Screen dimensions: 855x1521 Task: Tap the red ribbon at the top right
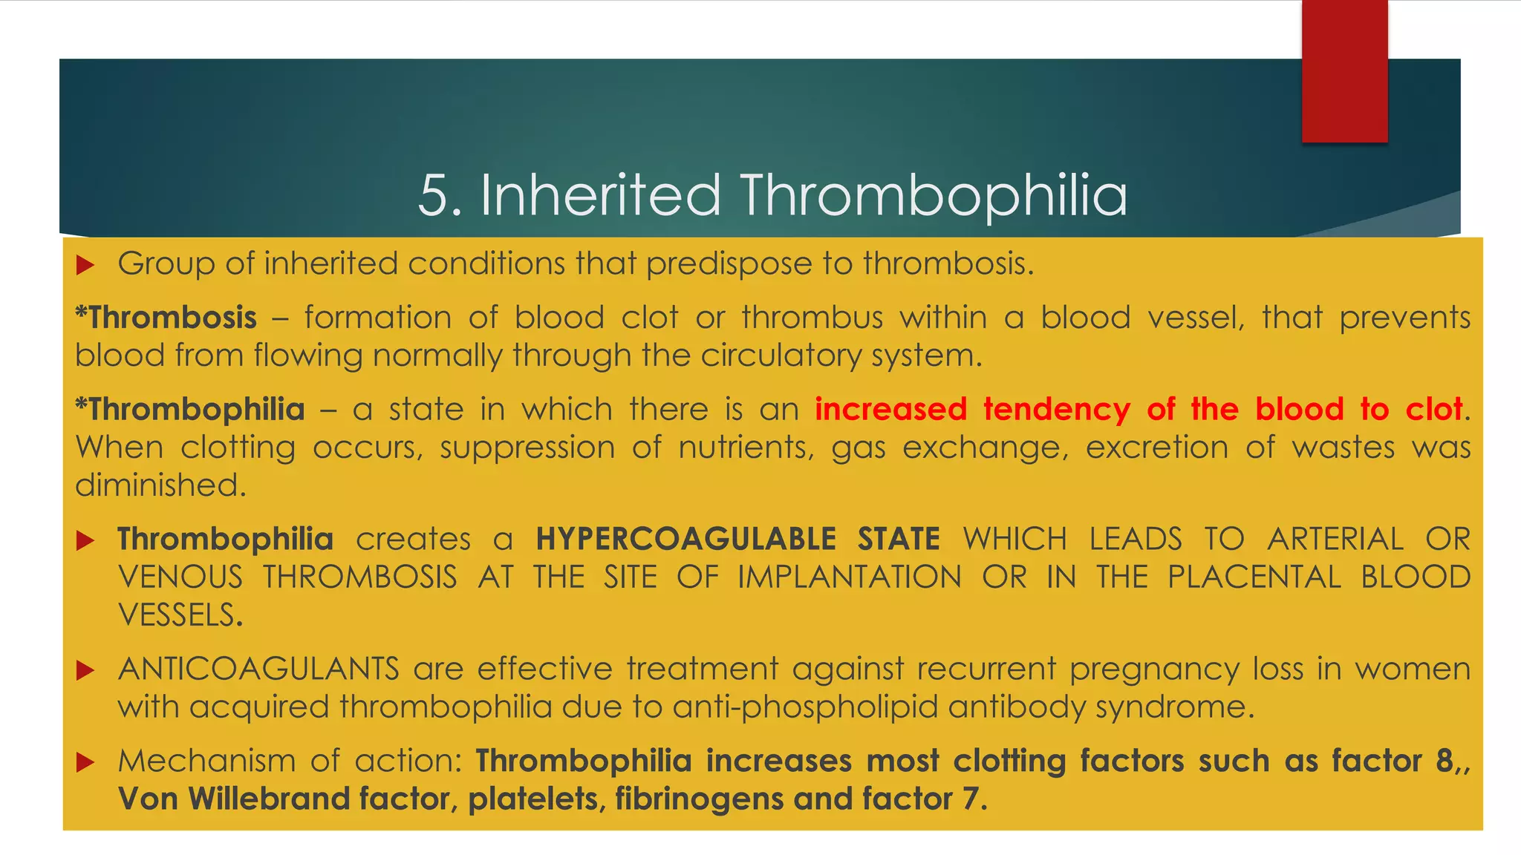point(1344,71)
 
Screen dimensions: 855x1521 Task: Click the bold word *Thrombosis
point(166,318)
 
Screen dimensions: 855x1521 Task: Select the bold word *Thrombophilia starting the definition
point(190,410)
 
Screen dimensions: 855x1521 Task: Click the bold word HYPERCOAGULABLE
point(686,539)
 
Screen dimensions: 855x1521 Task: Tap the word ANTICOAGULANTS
point(258,669)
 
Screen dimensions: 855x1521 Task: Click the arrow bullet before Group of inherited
point(85,264)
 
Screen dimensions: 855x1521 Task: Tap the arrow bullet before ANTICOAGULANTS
point(85,670)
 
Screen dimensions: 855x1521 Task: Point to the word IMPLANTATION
point(849,577)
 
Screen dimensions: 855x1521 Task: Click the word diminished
point(160,485)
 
